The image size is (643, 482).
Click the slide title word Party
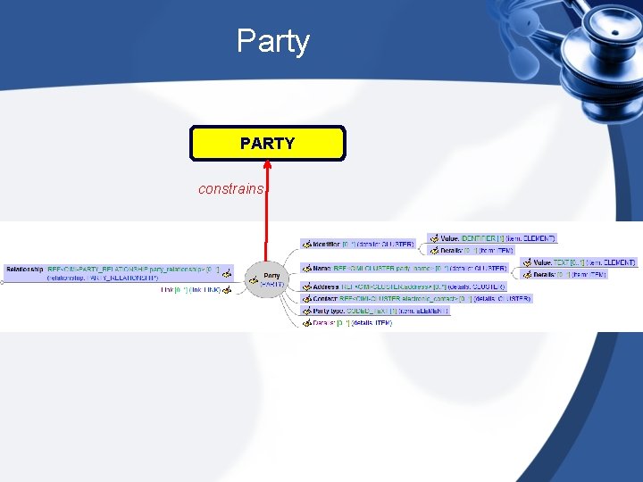pos(272,41)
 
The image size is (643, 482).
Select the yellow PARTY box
pos(267,143)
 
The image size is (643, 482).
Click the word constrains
pos(230,189)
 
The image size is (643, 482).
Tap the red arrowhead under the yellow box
pos(267,165)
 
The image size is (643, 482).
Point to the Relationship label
pos(24,268)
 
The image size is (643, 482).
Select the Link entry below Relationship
pos(190,289)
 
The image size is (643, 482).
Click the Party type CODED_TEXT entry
pos(380,311)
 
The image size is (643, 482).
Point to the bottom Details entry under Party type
pos(352,322)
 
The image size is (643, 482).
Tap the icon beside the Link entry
pos(227,289)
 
